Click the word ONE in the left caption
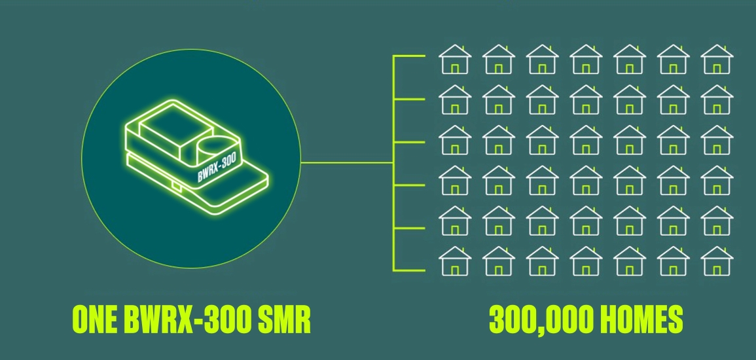click(x=95, y=319)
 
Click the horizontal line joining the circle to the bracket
click(x=347, y=162)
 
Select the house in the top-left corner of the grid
click(x=455, y=60)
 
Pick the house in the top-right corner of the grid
click(x=717, y=60)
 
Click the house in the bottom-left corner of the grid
click(x=455, y=261)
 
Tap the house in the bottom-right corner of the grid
click(x=717, y=261)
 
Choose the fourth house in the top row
click(x=586, y=60)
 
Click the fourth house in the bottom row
click(x=586, y=261)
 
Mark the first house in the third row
click(x=455, y=140)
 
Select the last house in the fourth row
click(x=717, y=181)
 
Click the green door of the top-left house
click(x=455, y=69)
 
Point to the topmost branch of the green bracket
click(x=409, y=56)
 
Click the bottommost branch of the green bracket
click(x=409, y=270)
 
